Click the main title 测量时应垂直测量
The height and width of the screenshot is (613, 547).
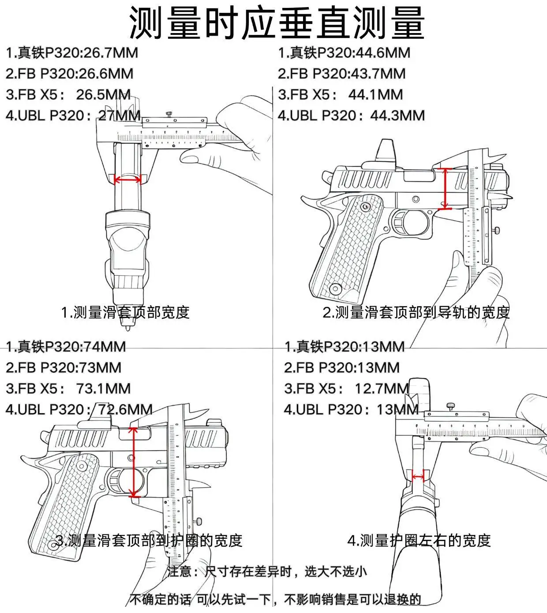pyautogui.click(x=277, y=23)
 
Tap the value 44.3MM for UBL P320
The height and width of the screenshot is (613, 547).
pyautogui.click(x=397, y=116)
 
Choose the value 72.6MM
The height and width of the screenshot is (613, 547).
pyautogui.click(x=125, y=409)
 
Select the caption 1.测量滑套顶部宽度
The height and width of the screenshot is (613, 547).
pyautogui.click(x=125, y=312)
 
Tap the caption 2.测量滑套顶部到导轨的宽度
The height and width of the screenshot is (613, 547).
pyautogui.click(x=416, y=312)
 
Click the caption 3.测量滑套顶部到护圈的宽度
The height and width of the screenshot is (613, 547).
pyautogui.click(x=149, y=540)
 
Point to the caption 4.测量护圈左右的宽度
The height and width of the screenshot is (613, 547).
pyautogui.click(x=419, y=540)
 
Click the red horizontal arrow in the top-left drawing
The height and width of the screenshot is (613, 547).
pyautogui.click(x=127, y=180)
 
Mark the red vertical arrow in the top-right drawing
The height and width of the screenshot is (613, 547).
pyautogui.click(x=445, y=189)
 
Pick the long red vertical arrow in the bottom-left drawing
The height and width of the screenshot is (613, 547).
pyautogui.click(x=133, y=462)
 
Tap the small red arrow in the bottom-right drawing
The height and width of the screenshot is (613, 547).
pyautogui.click(x=418, y=477)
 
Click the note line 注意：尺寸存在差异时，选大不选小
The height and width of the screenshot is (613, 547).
pyautogui.click(x=267, y=572)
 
